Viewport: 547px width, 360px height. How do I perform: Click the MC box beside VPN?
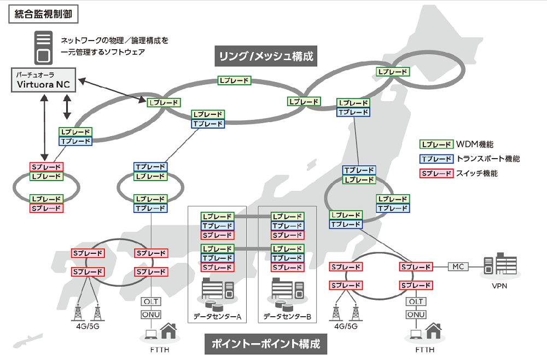(x=458, y=266)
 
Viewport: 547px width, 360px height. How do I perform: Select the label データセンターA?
(x=217, y=317)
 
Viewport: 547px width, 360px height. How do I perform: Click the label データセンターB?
(x=287, y=317)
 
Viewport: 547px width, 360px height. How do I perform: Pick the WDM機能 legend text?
(x=475, y=144)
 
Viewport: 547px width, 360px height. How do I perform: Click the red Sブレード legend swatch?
(x=435, y=173)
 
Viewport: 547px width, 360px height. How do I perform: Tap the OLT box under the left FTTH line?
(x=151, y=301)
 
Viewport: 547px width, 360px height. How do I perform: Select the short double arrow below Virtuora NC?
(x=67, y=107)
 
